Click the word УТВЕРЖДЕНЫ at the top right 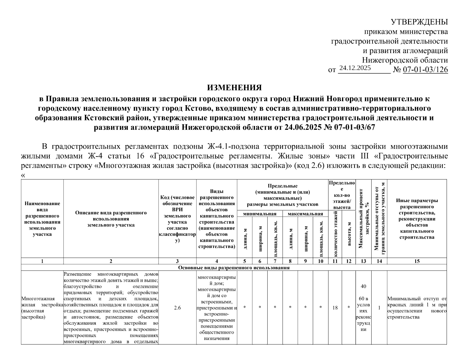point(419,22)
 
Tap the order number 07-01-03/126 point(425,70)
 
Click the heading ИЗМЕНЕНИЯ point(234,88)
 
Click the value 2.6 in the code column point(177,307)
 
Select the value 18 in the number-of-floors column point(335,308)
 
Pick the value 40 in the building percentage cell point(363,286)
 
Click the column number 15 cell point(417,261)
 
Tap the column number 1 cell point(42,261)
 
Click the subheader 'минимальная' point(260,214)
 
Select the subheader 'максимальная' point(305,214)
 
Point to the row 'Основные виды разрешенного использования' point(234,268)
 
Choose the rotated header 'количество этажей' point(335,234)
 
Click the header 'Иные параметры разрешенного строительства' point(417,219)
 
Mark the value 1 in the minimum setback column point(379,308)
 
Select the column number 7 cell point(275,261)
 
